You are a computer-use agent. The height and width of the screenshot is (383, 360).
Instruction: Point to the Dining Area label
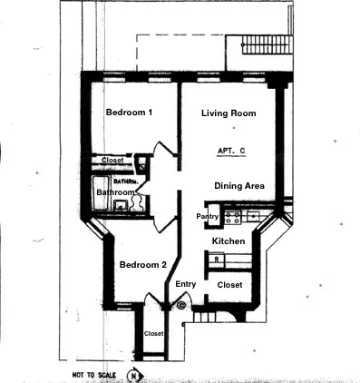pos(239,185)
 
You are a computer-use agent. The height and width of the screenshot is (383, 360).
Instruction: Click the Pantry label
pos(208,216)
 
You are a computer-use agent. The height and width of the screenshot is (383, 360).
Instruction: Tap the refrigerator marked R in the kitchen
pos(218,260)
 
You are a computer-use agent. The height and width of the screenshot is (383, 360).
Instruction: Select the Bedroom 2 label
pos(141,265)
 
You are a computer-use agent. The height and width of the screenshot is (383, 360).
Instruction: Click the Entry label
pos(185,284)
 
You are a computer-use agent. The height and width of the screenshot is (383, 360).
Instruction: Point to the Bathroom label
pos(116,192)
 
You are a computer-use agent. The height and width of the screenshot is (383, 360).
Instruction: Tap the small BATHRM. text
pos(124,181)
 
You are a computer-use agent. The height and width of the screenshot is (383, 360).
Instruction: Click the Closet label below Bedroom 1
pos(113,161)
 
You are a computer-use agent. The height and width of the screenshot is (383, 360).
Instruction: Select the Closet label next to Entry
pos(230,285)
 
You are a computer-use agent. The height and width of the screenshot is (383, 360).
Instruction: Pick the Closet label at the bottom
pos(154,333)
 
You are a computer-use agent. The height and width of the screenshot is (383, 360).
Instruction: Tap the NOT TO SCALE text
pos(93,373)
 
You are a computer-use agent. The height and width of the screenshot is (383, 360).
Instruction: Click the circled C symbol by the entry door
pos(181,306)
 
